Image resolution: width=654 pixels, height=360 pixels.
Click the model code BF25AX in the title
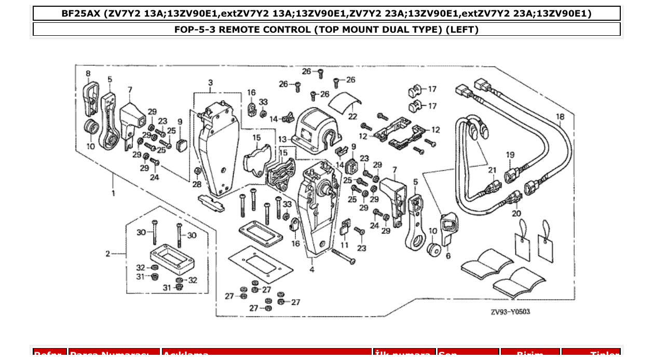[81, 13]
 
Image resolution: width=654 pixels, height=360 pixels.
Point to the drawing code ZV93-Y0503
[510, 312]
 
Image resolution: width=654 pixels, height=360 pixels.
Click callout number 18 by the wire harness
[560, 117]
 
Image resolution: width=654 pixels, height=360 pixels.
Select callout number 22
[353, 117]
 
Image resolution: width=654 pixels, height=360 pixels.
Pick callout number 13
[282, 139]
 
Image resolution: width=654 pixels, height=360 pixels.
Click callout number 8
[88, 73]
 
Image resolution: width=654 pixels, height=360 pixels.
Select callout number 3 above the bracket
[211, 83]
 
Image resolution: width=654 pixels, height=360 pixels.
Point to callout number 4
[312, 269]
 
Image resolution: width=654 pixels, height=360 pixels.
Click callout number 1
[114, 193]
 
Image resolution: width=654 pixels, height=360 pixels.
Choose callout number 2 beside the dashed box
[108, 254]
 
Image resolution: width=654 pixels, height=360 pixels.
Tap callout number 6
[448, 255]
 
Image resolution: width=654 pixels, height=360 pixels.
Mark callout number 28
[197, 184]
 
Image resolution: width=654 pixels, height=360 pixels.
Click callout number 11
[345, 244]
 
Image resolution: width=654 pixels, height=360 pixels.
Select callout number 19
[510, 155]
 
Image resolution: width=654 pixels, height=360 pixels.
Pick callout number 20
[515, 213]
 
